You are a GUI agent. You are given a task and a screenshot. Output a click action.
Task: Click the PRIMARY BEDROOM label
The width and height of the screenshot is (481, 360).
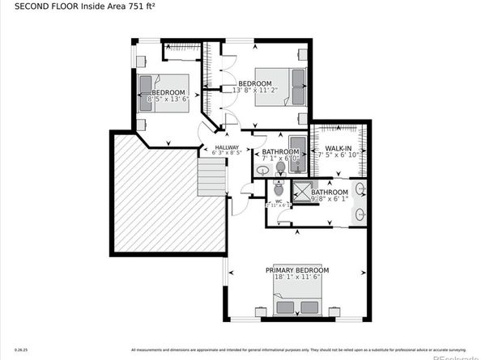click(x=289, y=269)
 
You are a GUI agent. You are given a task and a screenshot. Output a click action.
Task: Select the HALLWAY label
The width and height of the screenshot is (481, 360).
click(x=227, y=146)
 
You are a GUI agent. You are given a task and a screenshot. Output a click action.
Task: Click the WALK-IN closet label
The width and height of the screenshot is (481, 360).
click(x=338, y=148)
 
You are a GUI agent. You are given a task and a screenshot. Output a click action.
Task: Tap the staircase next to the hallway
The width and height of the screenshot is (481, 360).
click(x=212, y=176)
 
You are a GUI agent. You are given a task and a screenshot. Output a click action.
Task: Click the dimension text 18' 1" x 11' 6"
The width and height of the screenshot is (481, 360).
click(x=289, y=278)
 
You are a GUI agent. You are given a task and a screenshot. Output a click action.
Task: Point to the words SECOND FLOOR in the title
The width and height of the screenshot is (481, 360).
click(x=37, y=7)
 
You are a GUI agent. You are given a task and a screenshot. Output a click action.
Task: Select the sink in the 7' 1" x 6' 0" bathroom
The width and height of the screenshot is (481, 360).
click(x=263, y=171)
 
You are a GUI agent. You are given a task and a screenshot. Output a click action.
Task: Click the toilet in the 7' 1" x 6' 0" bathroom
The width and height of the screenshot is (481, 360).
click(x=281, y=167)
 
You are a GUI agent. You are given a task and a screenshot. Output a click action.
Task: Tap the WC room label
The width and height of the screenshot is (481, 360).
click(x=278, y=201)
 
